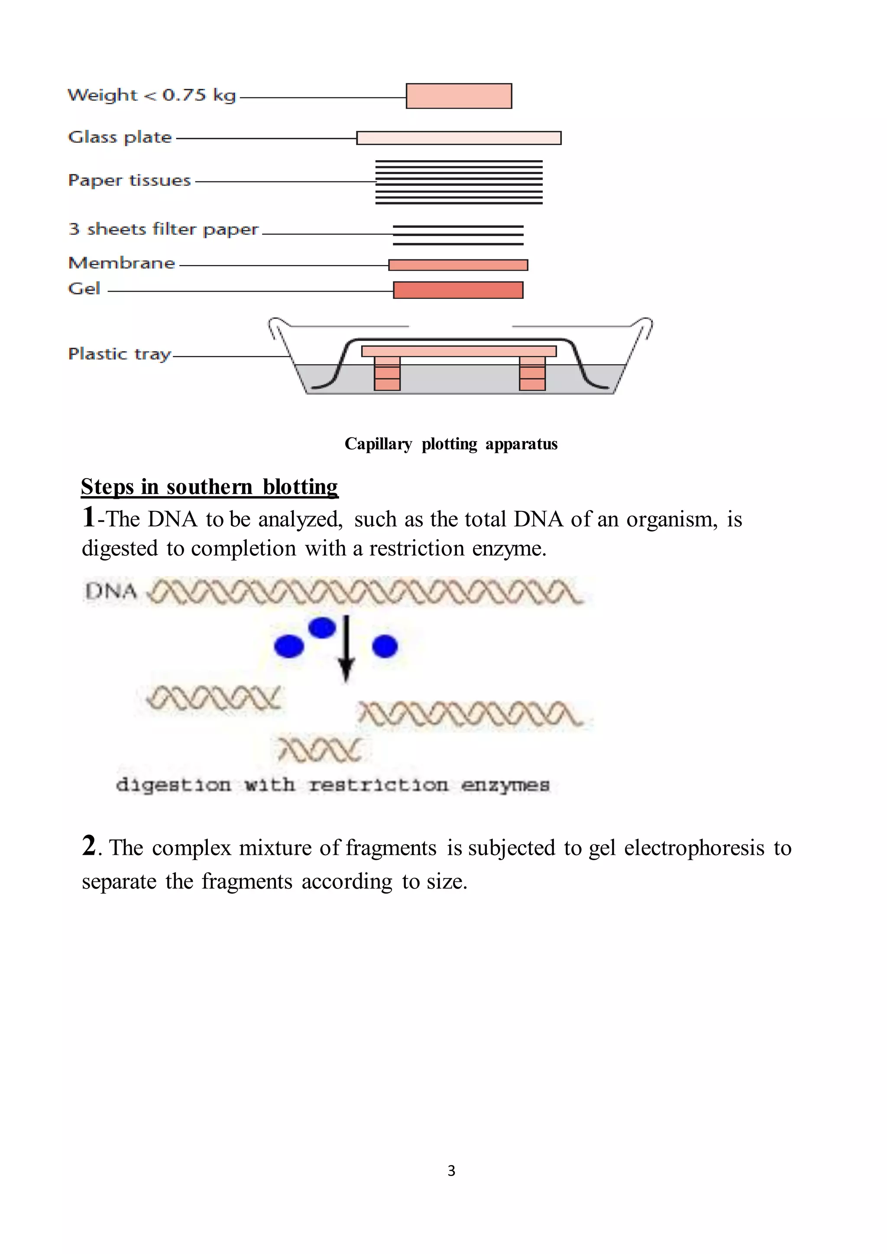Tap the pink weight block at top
pyautogui.click(x=458, y=96)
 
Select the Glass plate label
pyautogui.click(x=120, y=137)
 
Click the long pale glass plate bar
pyautogui.click(x=458, y=138)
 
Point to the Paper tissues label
pyautogui.click(x=129, y=180)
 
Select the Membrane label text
pyautogui.click(x=122, y=263)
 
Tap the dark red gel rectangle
pyautogui.click(x=458, y=290)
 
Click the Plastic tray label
pyautogui.click(x=119, y=354)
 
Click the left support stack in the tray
pyautogui.click(x=387, y=374)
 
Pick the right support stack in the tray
pyautogui.click(x=532, y=374)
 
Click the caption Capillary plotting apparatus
pyautogui.click(x=450, y=444)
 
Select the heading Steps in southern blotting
pyautogui.click(x=209, y=487)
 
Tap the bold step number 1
pyautogui.click(x=88, y=517)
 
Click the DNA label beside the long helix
pyautogui.click(x=111, y=591)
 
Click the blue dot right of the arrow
pyautogui.click(x=385, y=646)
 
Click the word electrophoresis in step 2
pyautogui.click(x=694, y=848)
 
